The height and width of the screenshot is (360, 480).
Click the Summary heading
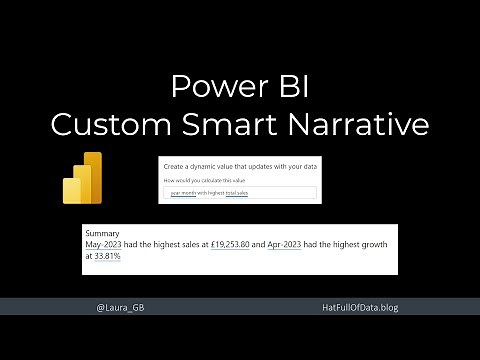click(x=103, y=232)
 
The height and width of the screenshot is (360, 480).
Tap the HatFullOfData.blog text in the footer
click(x=355, y=308)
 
